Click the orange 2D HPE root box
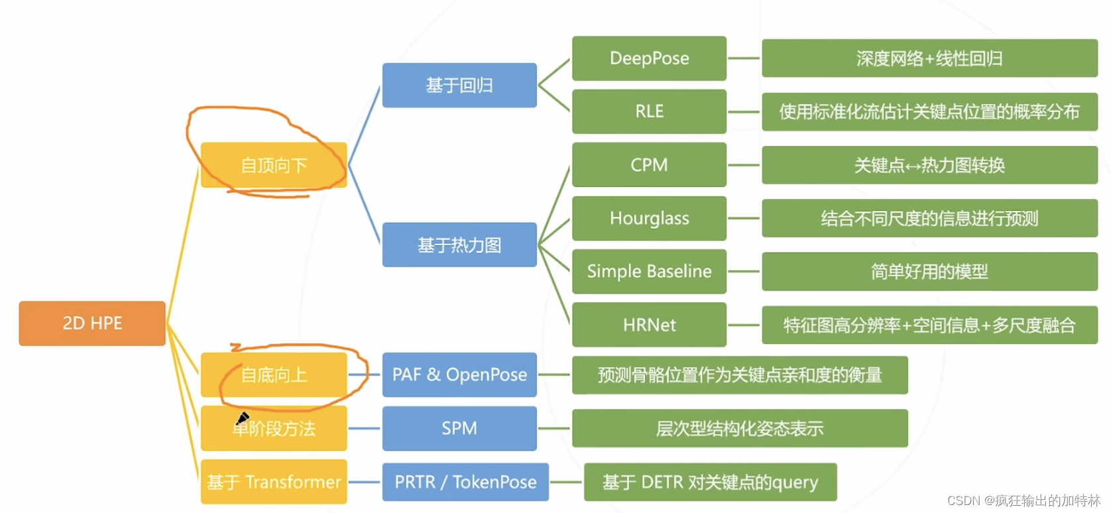click(x=92, y=323)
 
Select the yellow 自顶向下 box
click(x=274, y=165)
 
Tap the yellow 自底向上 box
click(x=274, y=375)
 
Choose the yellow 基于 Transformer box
click(x=274, y=482)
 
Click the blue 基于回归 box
click(x=459, y=85)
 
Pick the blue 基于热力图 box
click(x=459, y=245)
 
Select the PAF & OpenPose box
click(x=459, y=375)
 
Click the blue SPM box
click(x=459, y=428)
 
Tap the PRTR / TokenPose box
click(x=465, y=482)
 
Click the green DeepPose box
click(x=649, y=58)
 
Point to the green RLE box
click(x=649, y=111)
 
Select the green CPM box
click(x=649, y=165)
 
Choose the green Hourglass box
click(x=649, y=218)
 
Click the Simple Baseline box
click(x=649, y=271)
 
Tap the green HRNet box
click(x=649, y=325)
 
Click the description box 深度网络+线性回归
click(x=929, y=58)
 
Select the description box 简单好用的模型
click(x=929, y=271)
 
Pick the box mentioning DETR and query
click(x=710, y=482)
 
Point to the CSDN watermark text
click(x=1023, y=500)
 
